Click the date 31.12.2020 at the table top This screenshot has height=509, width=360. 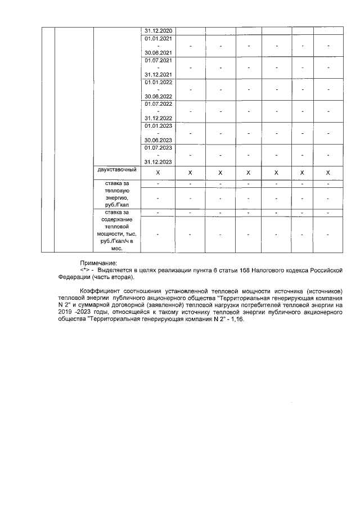pyautogui.click(x=159, y=30)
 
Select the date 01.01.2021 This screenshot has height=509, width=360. pyautogui.click(x=159, y=38)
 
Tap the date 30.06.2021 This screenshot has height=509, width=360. pyautogui.click(x=159, y=52)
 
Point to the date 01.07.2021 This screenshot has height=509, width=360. pyautogui.click(x=159, y=60)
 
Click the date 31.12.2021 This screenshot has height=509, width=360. pyautogui.click(x=159, y=74)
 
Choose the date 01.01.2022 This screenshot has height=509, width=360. pyautogui.click(x=159, y=82)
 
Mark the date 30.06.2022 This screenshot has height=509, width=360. pyautogui.click(x=159, y=96)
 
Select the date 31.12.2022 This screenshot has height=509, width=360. pyautogui.click(x=159, y=118)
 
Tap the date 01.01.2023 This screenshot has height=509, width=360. pyautogui.click(x=159, y=125)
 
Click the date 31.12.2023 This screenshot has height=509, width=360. pyautogui.click(x=159, y=162)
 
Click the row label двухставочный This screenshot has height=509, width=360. pyautogui.click(x=117, y=169)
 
